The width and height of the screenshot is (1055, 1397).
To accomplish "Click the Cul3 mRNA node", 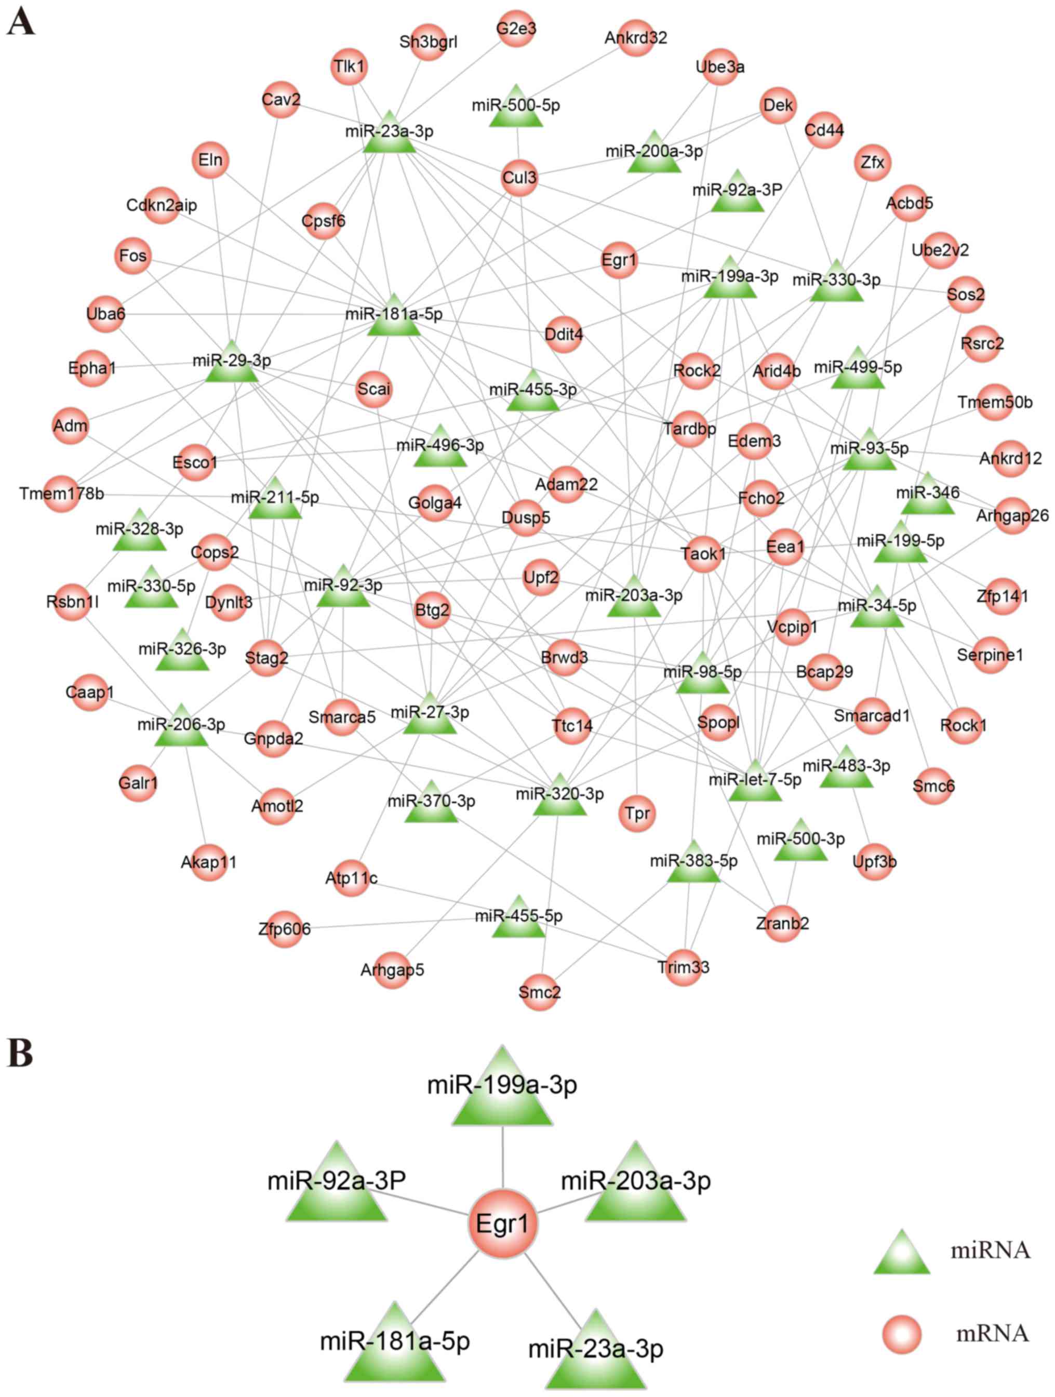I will click(519, 178).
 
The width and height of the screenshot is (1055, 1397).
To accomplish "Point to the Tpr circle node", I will click(637, 814).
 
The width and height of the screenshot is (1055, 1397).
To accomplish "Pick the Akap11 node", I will click(208, 862).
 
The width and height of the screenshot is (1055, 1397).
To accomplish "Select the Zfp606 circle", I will click(284, 929).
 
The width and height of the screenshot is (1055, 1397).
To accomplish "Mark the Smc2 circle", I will click(539, 992).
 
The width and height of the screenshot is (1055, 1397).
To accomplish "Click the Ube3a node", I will click(720, 67).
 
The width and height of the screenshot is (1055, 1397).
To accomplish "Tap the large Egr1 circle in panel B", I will click(502, 1224).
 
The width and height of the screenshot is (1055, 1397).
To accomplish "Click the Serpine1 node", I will click(990, 655).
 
